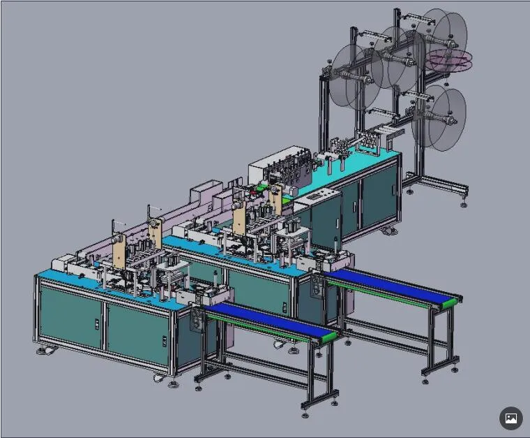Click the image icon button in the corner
(x=510, y=418)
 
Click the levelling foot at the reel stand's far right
(x=464, y=203)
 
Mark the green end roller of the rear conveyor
(x=453, y=302)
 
